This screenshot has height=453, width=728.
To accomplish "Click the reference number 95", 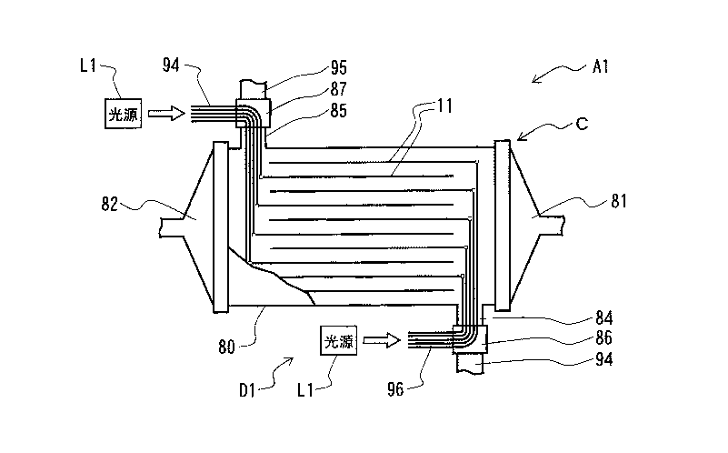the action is [339, 68].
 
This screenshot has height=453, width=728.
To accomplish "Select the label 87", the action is [339, 89].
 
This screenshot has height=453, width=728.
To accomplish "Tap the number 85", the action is [339, 111].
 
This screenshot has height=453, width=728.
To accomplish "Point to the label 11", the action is [444, 106].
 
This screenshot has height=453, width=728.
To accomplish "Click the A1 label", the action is [601, 67].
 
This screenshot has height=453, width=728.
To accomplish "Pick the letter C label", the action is [582, 124].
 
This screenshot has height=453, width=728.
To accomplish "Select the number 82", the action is [110, 205].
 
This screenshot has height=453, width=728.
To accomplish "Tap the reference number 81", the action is [619, 201].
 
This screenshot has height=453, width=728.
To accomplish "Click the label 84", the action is [604, 318].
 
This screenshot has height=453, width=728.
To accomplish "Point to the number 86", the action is [604, 338].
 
